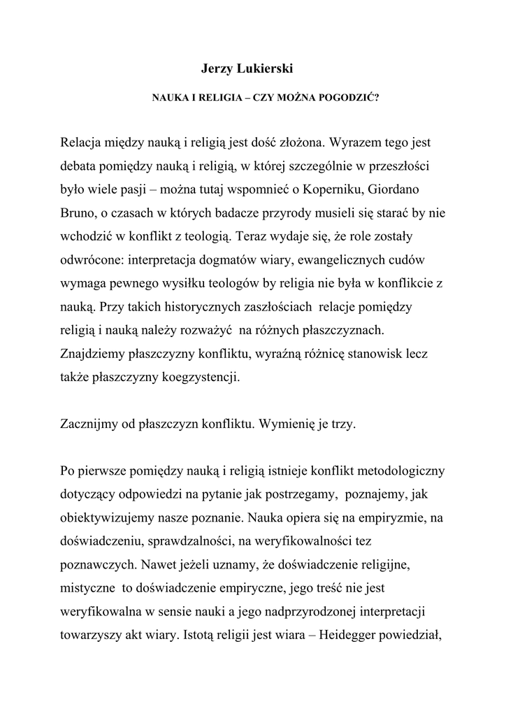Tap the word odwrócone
pyautogui.click(x=87, y=260)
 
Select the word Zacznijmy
pyautogui.click(x=88, y=424)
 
